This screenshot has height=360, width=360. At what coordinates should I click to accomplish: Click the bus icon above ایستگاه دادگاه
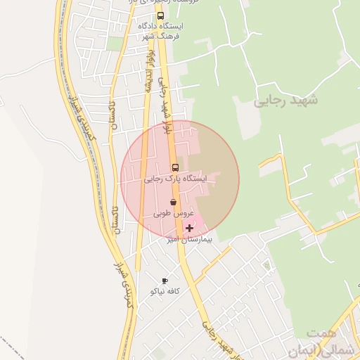pyautogui.click(x=160, y=15)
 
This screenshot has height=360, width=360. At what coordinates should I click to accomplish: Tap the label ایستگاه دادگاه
pyautogui.click(x=160, y=26)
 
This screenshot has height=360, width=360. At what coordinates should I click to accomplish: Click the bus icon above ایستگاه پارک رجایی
pyautogui.click(x=175, y=167)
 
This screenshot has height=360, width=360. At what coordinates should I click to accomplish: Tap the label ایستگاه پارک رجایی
pyautogui.click(x=176, y=179)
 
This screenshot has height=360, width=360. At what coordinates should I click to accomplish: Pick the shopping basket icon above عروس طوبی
pyautogui.click(x=173, y=202)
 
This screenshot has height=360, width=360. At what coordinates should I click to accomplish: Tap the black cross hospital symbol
pyautogui.click(x=189, y=228)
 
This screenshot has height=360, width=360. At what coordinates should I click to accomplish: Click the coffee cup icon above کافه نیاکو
pyautogui.click(x=165, y=281)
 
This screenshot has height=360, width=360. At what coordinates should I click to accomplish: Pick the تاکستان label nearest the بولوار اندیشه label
pyautogui.click(x=115, y=115)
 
